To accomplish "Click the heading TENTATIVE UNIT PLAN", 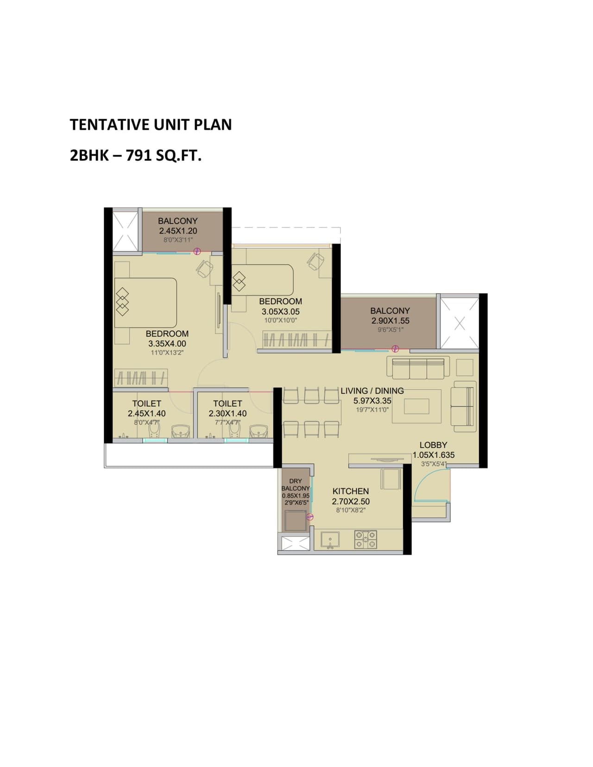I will [x=151, y=125].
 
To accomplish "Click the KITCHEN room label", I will [x=350, y=491].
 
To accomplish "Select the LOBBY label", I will [x=433, y=445].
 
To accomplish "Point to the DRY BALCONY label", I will [x=295, y=484].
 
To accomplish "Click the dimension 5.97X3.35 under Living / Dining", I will [x=372, y=401].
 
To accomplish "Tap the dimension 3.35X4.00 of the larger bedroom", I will [x=167, y=344].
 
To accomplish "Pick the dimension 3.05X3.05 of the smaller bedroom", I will [x=280, y=312].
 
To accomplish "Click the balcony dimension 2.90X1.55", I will [x=390, y=321].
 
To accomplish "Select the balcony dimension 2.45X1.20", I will [x=178, y=231].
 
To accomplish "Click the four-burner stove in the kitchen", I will [x=366, y=540].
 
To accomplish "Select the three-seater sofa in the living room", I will [x=418, y=368].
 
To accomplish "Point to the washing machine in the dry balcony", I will [x=295, y=521].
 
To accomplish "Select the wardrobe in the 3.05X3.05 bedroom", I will [x=296, y=339].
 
